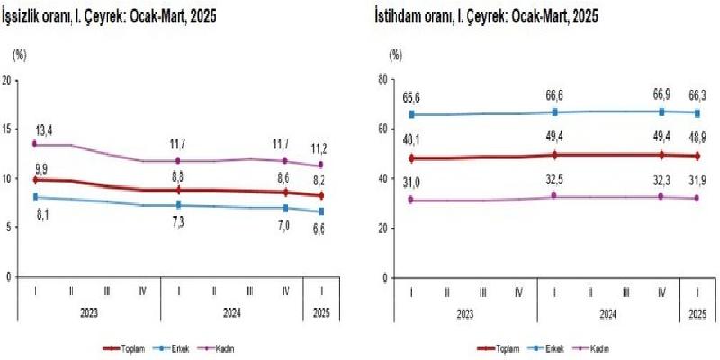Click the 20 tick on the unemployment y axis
pyautogui.click(x=8, y=80)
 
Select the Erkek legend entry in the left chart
pyautogui.click(x=175, y=347)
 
